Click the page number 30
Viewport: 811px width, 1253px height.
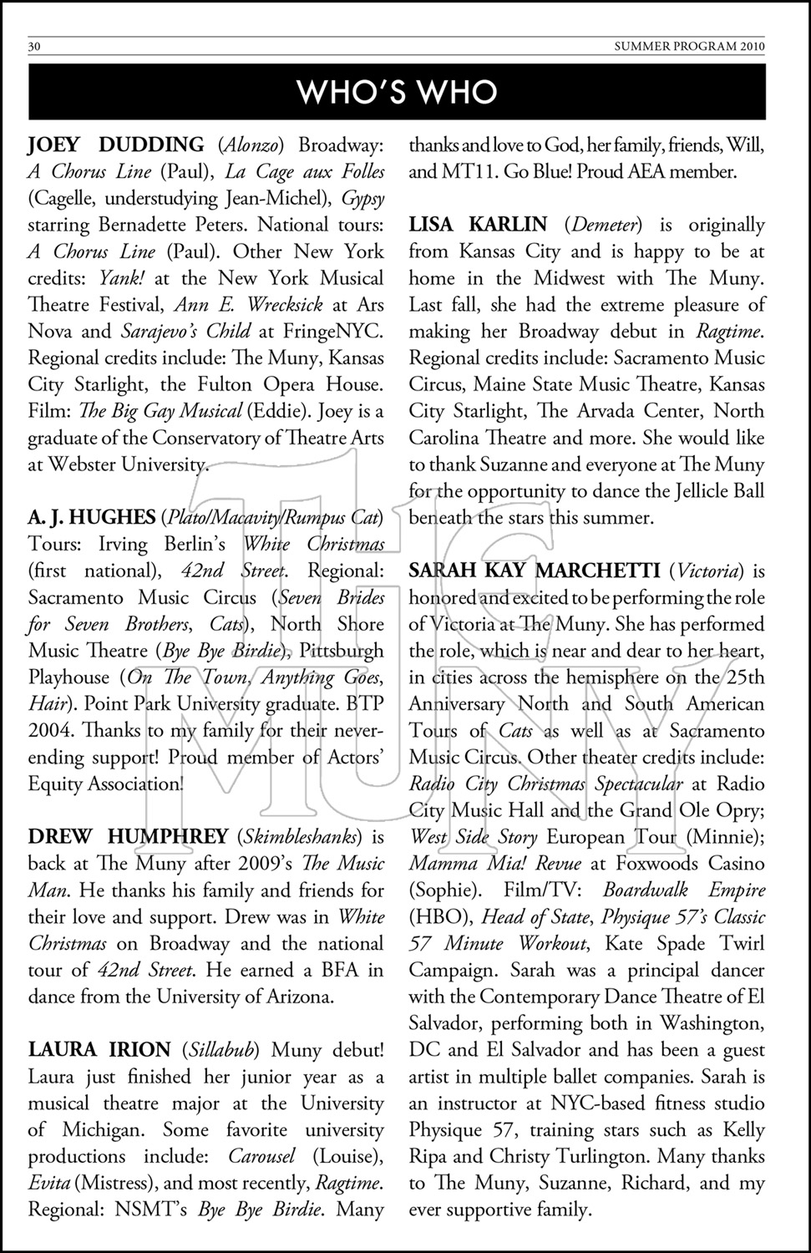34,47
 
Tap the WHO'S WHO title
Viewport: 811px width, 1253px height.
398,92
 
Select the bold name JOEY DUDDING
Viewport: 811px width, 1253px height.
116,145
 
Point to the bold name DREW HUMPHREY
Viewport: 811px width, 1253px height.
128,837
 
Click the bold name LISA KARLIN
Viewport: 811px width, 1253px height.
478,225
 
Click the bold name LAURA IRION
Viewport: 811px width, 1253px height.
99,1050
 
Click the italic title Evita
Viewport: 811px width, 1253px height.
48,1183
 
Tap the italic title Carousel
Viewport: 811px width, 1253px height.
261,1157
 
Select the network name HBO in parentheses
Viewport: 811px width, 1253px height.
439,917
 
